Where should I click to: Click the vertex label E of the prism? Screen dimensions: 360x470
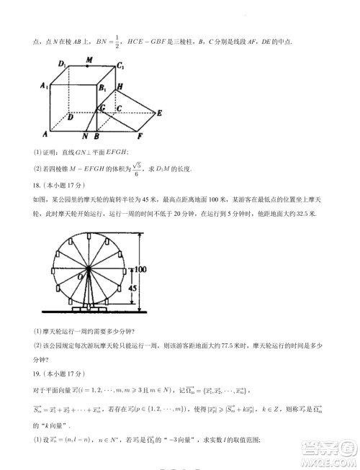(x=160, y=112)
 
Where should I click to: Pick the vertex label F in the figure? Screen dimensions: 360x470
(x=140, y=135)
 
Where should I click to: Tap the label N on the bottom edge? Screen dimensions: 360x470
(x=86, y=136)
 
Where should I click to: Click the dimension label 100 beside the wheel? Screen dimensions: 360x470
(x=142, y=268)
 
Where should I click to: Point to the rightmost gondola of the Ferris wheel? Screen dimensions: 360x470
(x=127, y=271)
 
